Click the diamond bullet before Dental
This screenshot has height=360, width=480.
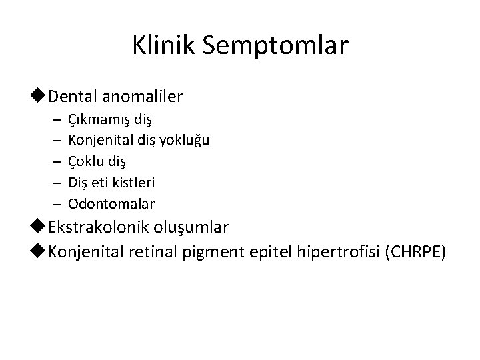point(41,97)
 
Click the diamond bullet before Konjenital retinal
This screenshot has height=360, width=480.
point(41,252)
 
